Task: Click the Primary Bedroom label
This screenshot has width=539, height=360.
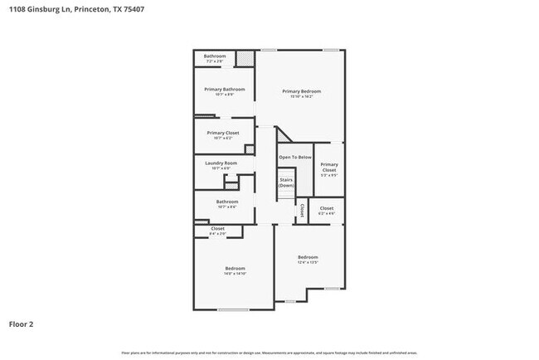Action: pyautogui.click(x=301, y=91)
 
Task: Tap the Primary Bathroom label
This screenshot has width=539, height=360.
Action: pyautogui.click(x=223, y=89)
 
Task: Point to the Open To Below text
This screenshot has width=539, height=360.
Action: pyautogui.click(x=294, y=157)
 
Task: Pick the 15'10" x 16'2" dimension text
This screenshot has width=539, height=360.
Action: pyautogui.click(x=301, y=97)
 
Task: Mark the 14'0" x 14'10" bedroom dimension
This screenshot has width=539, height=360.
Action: pyautogui.click(x=235, y=273)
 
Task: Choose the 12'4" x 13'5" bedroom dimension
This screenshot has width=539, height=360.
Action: pyautogui.click(x=308, y=263)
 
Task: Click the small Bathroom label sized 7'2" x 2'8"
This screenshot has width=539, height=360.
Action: pyautogui.click(x=215, y=56)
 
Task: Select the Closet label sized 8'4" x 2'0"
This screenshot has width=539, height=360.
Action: pyautogui.click(x=218, y=228)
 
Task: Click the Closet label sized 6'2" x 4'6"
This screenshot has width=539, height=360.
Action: pyautogui.click(x=327, y=208)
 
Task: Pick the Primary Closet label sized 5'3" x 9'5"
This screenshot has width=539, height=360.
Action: pyautogui.click(x=329, y=167)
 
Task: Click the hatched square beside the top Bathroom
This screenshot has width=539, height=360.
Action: pyautogui.click(x=245, y=58)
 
